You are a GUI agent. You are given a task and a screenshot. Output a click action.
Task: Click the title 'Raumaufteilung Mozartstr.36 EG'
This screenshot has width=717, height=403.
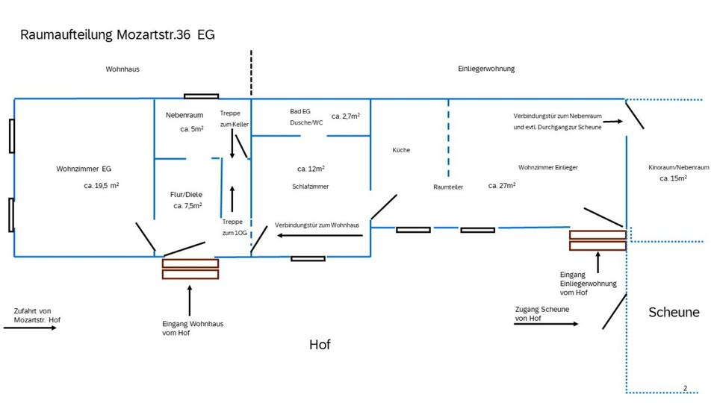(x=117, y=35)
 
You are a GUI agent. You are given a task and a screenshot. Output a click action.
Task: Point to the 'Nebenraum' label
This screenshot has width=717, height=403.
(x=184, y=115)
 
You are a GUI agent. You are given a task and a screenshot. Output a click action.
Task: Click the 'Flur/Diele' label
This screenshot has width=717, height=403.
(x=187, y=194)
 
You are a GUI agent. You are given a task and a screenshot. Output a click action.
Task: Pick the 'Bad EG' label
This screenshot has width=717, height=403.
(x=300, y=111)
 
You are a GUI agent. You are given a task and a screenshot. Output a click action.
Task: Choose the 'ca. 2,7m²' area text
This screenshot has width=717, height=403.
(x=346, y=116)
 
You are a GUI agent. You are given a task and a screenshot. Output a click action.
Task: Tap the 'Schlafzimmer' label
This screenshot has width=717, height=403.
(x=311, y=187)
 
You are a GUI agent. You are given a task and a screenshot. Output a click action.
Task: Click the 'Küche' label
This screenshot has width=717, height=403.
(x=401, y=150)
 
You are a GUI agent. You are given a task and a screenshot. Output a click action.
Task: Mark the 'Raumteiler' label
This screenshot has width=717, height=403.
(x=448, y=187)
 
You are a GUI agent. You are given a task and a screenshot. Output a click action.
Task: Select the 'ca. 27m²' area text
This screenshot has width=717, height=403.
(x=502, y=185)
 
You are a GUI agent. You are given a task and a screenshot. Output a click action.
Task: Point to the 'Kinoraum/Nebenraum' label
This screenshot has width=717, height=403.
(x=679, y=168)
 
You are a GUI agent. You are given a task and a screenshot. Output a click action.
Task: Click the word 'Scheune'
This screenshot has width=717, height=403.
(x=674, y=312)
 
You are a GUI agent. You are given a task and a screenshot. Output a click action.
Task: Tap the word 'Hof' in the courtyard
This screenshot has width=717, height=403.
(x=320, y=345)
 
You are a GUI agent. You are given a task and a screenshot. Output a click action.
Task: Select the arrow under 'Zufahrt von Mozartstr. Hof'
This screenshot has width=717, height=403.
(x=30, y=328)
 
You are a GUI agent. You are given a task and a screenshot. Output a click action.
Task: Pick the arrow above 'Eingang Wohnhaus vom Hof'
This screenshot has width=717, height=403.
(x=190, y=300)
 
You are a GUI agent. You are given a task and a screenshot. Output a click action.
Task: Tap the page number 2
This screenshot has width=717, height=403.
(x=685, y=388)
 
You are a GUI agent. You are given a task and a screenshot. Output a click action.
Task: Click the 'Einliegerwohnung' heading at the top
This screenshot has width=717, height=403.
(x=486, y=69)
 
